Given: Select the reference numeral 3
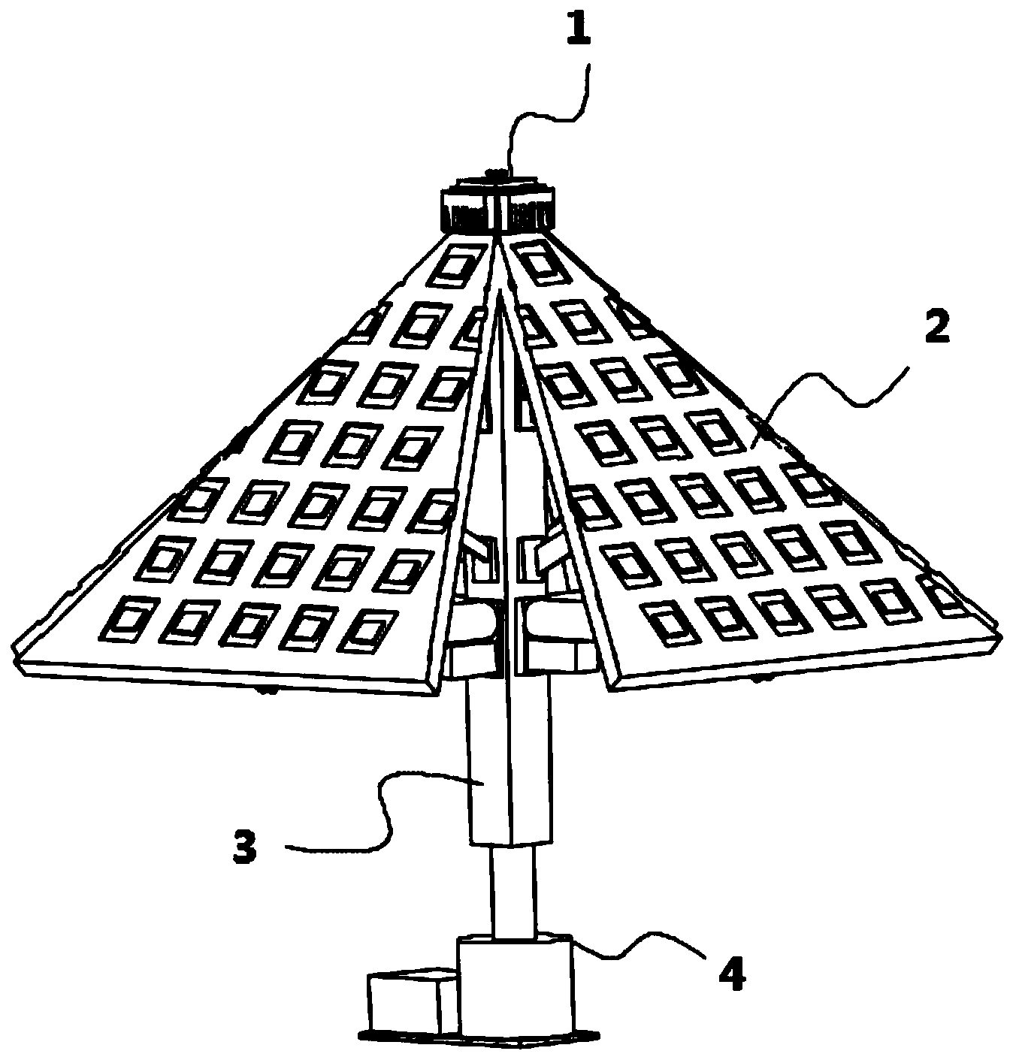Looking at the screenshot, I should [x=244, y=847].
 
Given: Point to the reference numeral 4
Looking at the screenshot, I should [x=730, y=975].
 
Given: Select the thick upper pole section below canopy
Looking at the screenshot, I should [x=511, y=759].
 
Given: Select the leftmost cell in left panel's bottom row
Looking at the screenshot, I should [x=129, y=621].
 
